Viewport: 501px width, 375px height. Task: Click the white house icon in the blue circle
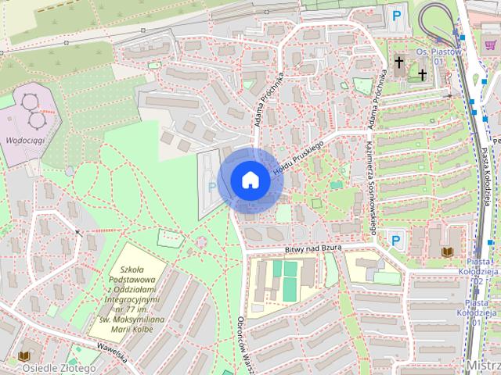click(x=250, y=180)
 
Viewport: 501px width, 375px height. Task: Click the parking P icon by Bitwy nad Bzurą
click(x=396, y=240)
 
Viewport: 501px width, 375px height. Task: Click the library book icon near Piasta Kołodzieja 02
click(x=447, y=252)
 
